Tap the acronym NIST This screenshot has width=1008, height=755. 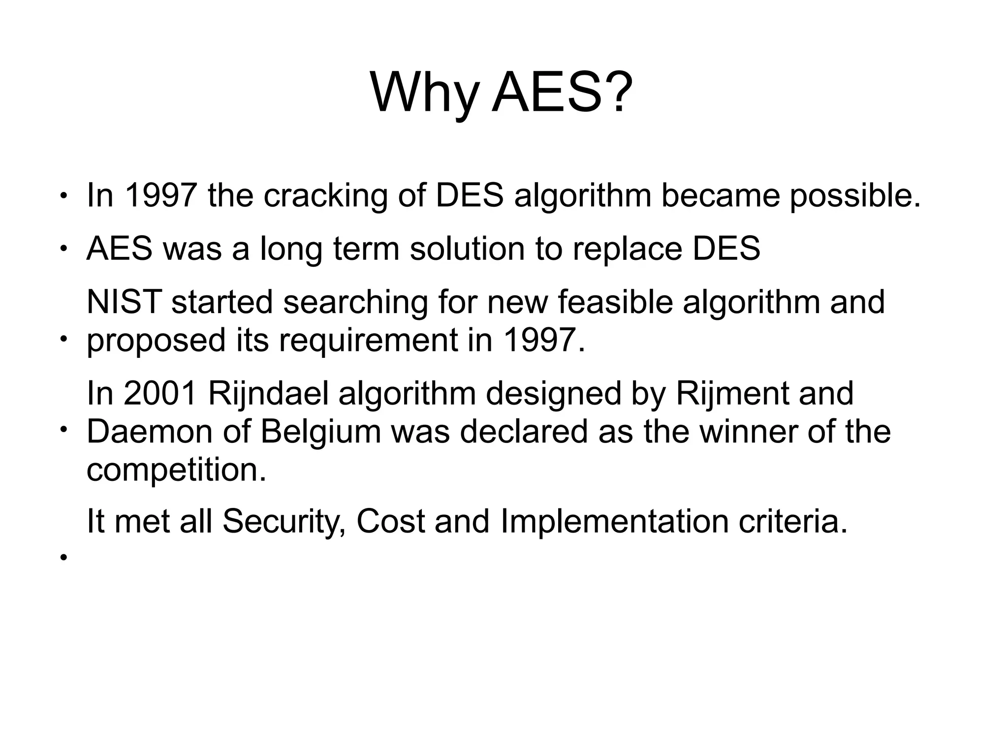124,302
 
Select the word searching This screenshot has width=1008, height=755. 355,302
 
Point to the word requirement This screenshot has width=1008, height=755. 368,340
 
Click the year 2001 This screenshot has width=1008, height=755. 160,393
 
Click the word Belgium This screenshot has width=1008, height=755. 320,432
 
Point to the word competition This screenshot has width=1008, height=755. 176,470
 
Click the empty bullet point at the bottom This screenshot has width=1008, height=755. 63,558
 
